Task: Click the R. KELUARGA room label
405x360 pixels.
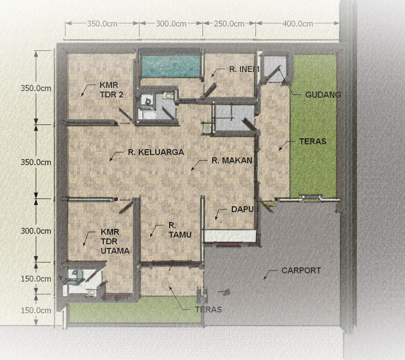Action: (x=156, y=152)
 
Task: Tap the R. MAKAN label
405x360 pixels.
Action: (x=232, y=160)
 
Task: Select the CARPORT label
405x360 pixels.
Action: (x=301, y=271)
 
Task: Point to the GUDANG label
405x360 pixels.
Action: (x=323, y=95)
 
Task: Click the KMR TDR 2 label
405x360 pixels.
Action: (x=112, y=90)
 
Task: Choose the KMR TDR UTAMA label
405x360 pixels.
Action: (x=115, y=241)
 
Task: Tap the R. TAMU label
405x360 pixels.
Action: (x=180, y=230)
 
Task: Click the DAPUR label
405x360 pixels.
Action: (x=245, y=209)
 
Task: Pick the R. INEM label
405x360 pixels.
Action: (x=244, y=69)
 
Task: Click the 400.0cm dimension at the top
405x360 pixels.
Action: (x=298, y=24)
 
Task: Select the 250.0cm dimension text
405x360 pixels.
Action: (x=229, y=24)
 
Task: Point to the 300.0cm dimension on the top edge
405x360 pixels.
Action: (x=171, y=24)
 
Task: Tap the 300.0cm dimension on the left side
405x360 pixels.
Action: (x=36, y=231)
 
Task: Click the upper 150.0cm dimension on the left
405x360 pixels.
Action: (x=36, y=279)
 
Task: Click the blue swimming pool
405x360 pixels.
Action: (x=171, y=66)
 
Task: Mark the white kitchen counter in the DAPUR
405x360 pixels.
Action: (x=230, y=236)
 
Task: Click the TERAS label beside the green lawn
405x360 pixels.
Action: (x=312, y=141)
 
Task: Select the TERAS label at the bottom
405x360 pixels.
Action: (x=208, y=310)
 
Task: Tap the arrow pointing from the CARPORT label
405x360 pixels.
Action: (x=270, y=275)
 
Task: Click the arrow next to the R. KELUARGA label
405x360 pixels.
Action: (x=116, y=157)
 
